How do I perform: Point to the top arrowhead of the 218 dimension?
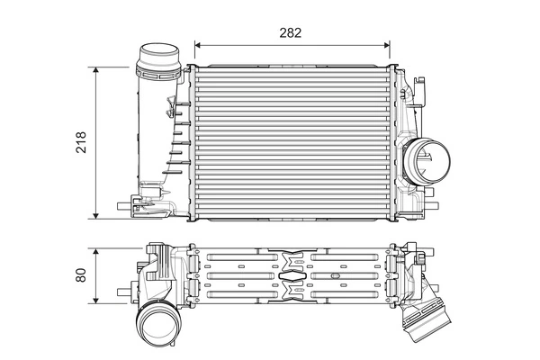pyautogui.click(x=97, y=69)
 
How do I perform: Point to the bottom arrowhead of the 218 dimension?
pyautogui.click(x=97, y=216)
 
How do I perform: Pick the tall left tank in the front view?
pyautogui.click(x=162, y=135)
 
